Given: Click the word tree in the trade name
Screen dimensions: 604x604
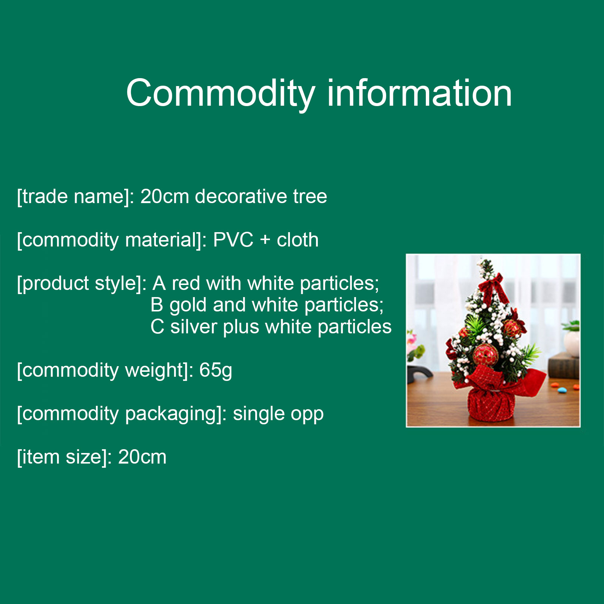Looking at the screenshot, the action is coord(310,197).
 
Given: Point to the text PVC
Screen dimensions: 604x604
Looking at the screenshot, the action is coord(233,240).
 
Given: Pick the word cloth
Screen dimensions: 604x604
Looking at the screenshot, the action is coord(297,240).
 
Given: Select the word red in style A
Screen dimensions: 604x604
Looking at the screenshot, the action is coord(186,284).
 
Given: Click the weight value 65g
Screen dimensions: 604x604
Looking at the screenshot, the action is coord(216,371).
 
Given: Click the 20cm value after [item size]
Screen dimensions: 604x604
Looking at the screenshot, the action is coord(142,457).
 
